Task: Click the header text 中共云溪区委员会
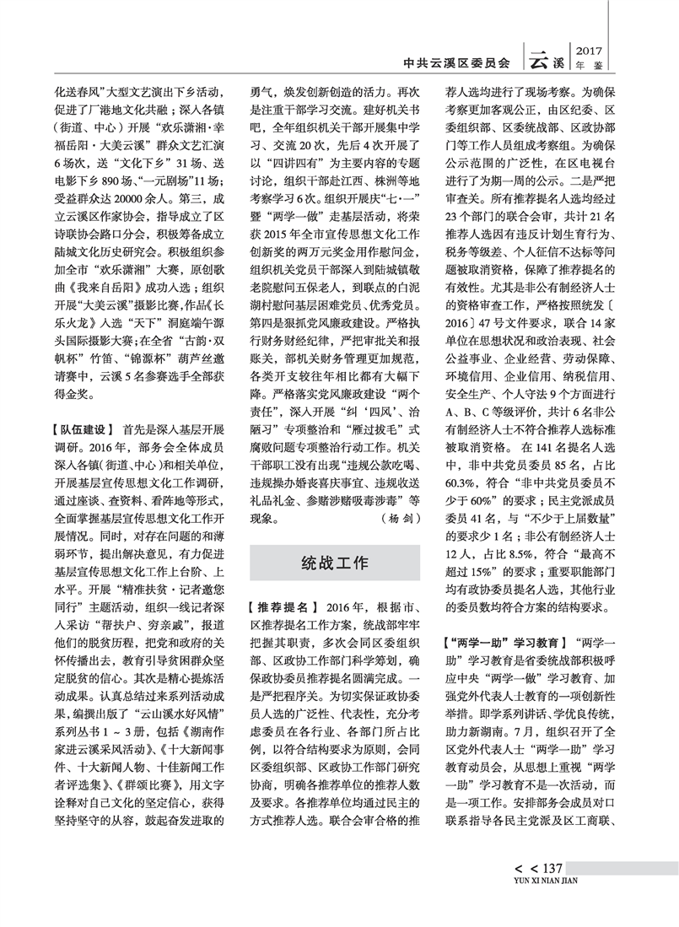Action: tap(457, 62)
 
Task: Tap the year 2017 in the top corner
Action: tap(589, 50)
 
